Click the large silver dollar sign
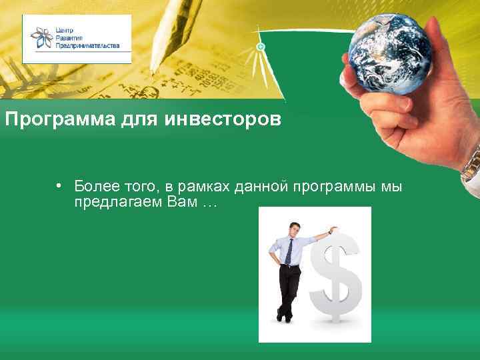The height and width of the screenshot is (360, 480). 339,277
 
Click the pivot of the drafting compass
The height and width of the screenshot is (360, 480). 261,47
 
